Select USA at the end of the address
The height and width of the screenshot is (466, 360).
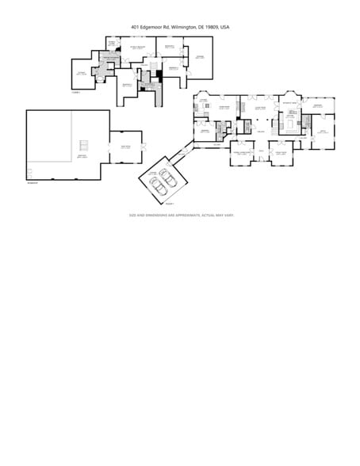[x=224, y=27]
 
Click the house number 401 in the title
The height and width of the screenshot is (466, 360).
[x=136, y=27]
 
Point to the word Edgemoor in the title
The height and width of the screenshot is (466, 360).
[x=151, y=27]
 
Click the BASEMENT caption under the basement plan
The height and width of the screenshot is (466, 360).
[x=32, y=183]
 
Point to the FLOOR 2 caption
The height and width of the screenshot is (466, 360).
[x=75, y=93]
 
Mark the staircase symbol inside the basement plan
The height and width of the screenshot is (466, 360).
[x=84, y=146]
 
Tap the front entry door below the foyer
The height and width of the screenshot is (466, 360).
[x=260, y=161]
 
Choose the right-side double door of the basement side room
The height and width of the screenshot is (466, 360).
[x=143, y=147]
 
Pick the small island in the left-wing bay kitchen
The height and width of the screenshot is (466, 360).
[x=207, y=108]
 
